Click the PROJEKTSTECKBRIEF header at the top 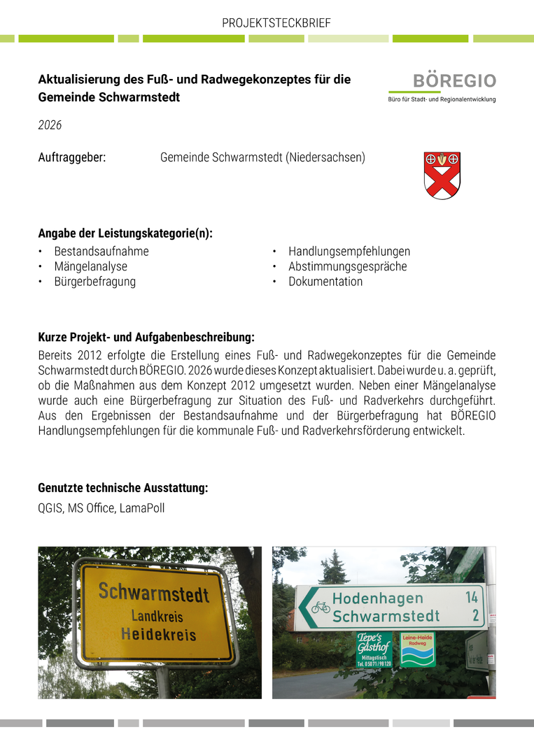tap(276, 23)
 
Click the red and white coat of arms tap(442, 175)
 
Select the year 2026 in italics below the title tap(50, 125)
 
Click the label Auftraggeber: tap(71, 157)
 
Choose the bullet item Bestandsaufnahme tap(101, 251)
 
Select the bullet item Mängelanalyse tap(91, 266)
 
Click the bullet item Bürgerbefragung tap(95, 282)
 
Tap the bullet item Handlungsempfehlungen tap(349, 251)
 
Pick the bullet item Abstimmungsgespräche tap(347, 266)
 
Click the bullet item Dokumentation tap(325, 282)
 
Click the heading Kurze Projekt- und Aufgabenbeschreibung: tap(146, 338)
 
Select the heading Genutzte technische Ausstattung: tap(122, 488)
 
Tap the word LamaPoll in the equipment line tap(142, 508)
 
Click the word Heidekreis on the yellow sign tap(158, 634)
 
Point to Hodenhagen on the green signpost tap(377, 598)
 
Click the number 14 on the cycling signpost tap(471, 597)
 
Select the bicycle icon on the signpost tap(321, 607)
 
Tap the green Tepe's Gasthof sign tap(374, 647)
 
